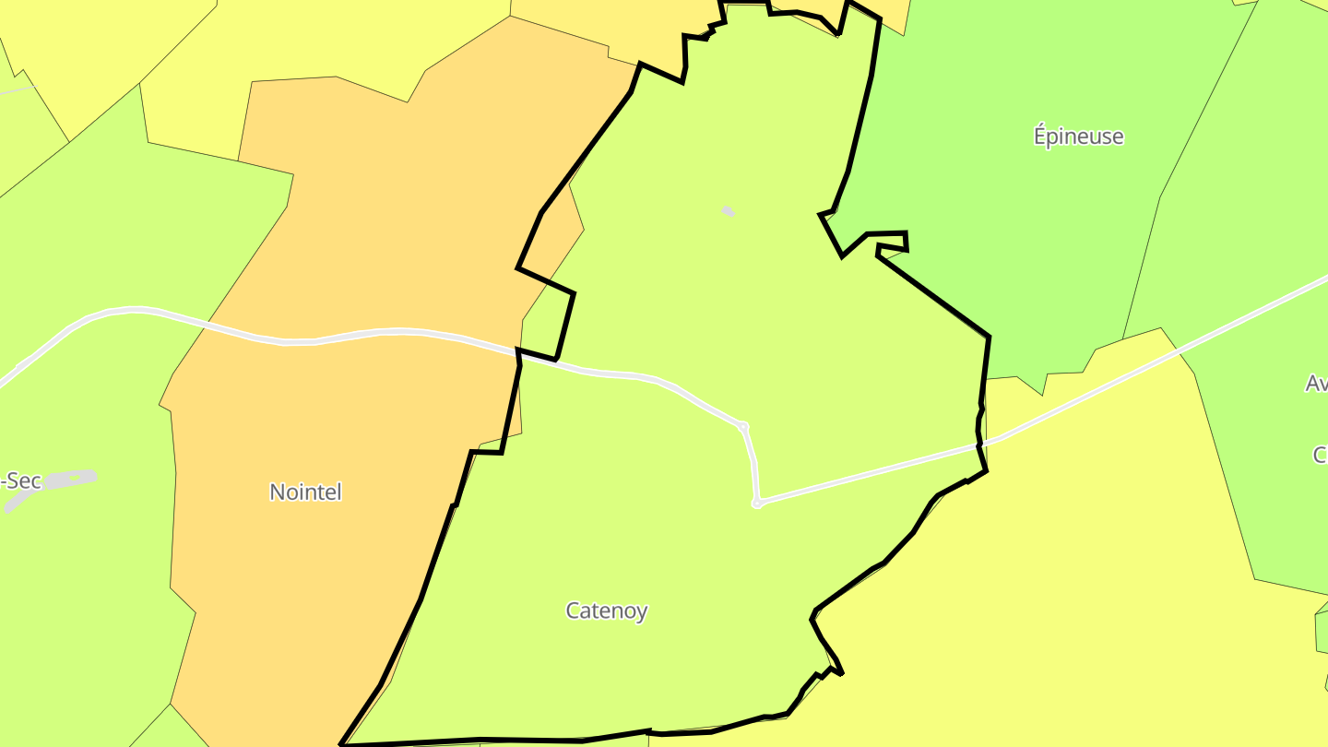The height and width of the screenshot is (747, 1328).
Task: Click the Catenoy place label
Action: coord(606,611)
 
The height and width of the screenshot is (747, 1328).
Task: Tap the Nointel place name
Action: coord(305,492)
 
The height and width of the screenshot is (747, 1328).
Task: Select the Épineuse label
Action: coord(1078,136)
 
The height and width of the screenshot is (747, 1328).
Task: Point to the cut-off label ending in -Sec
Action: coord(20,480)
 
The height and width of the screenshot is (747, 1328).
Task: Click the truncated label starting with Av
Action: coord(1316,384)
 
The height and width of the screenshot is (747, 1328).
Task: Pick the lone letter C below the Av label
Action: coord(1320,455)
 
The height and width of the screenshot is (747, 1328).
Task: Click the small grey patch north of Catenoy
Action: coord(729,212)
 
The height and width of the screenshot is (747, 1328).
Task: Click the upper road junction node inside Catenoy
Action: coord(743,426)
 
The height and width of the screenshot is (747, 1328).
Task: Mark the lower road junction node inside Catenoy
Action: coord(757,504)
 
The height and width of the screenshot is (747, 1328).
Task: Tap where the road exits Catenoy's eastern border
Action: coord(980,445)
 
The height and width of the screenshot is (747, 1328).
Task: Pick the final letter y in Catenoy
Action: coord(642,612)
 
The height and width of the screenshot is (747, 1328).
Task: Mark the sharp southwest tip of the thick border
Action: coord(342,743)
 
